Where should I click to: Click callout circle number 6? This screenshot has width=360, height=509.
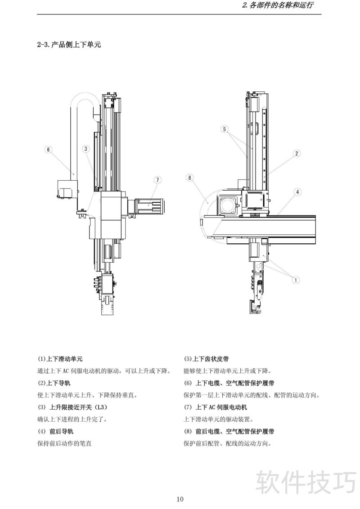(49, 149)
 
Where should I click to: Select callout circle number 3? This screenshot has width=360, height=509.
(86, 148)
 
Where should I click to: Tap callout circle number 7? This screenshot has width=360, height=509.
(157, 180)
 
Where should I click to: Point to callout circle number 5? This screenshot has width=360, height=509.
(225, 129)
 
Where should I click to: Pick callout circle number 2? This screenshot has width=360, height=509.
(297, 153)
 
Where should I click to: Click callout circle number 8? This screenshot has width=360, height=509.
(190, 178)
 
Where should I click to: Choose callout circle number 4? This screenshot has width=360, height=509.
(297, 192)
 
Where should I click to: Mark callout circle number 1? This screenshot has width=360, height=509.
(296, 280)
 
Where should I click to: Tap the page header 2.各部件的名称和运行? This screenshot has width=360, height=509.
(277, 6)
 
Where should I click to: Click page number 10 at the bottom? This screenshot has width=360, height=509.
(180, 499)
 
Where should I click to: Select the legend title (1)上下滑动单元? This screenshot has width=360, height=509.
(60, 359)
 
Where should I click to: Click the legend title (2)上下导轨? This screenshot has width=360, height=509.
(54, 383)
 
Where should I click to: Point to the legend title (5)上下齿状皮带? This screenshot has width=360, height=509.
(206, 359)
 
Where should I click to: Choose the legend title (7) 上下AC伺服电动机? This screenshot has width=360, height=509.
(216, 407)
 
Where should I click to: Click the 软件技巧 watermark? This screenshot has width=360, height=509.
(306, 482)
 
